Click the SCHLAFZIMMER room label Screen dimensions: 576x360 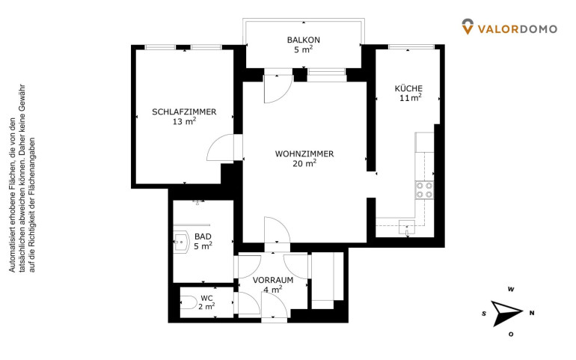click(x=184, y=112)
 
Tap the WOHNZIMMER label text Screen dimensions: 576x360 click(x=304, y=153)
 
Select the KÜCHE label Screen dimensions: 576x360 click(x=408, y=88)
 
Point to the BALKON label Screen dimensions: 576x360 click(x=304, y=40)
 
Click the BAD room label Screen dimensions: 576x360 click(x=203, y=237)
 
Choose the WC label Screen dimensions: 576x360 click(x=206, y=298)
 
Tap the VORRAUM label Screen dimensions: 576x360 click(x=273, y=280)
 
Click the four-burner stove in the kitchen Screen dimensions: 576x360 click(x=424, y=190)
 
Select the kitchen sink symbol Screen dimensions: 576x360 click(x=407, y=228)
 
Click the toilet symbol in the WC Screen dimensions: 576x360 click(x=189, y=302)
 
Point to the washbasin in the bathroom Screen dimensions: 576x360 click(x=181, y=242)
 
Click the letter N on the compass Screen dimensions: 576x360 click(x=532, y=314)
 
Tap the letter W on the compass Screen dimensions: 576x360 click(x=511, y=290)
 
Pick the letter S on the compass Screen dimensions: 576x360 click(x=484, y=314)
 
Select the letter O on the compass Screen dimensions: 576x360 click(x=511, y=335)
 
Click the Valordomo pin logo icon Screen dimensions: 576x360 click(x=468, y=27)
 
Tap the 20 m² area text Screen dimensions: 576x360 click(x=304, y=163)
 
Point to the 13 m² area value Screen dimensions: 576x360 click(x=184, y=121)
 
